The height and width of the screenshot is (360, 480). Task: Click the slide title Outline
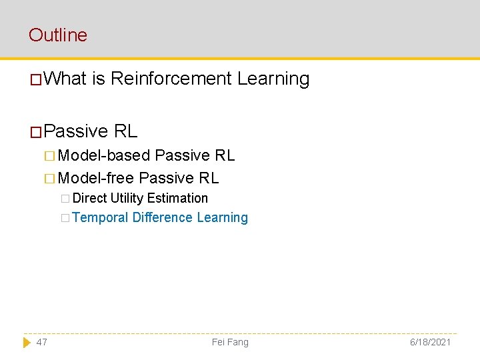tap(58, 35)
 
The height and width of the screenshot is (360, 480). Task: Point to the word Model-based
tap(104, 155)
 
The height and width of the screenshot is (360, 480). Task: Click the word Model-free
tap(96, 178)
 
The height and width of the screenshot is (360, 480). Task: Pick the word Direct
tap(90, 198)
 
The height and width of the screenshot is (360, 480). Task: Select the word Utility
tap(127, 198)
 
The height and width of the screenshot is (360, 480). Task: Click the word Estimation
tap(177, 198)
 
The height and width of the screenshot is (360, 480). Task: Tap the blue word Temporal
tap(100, 217)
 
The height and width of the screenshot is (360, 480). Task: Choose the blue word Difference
tap(162, 217)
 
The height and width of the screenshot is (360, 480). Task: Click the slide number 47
tap(42, 342)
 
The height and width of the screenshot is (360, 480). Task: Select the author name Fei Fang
tap(230, 342)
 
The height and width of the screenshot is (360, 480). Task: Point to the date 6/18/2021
tap(430, 342)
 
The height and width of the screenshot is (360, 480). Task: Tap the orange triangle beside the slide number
tap(27, 342)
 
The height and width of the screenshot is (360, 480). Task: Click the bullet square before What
tap(36, 80)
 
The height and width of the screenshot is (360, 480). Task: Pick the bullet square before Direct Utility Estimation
tap(65, 199)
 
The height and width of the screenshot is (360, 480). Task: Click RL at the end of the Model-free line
tap(209, 178)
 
